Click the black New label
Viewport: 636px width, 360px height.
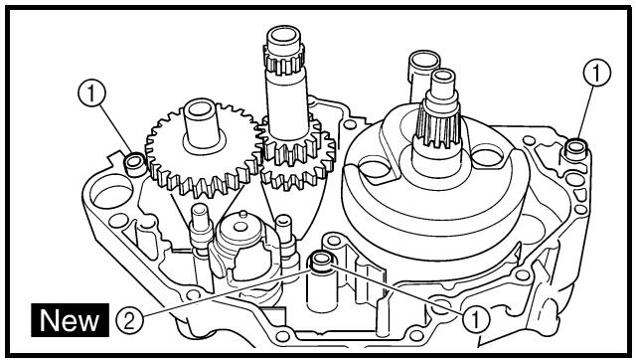click(x=70, y=320)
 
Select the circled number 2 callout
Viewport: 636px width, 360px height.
click(x=129, y=321)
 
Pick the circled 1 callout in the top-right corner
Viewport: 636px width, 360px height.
click(x=596, y=73)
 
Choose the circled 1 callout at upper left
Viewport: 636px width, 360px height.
click(x=91, y=92)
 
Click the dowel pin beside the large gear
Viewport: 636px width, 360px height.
click(x=135, y=164)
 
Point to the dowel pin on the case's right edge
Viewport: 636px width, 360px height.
click(x=575, y=149)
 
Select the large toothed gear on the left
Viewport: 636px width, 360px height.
click(x=204, y=149)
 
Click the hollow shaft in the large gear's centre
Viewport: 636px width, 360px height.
click(x=201, y=123)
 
